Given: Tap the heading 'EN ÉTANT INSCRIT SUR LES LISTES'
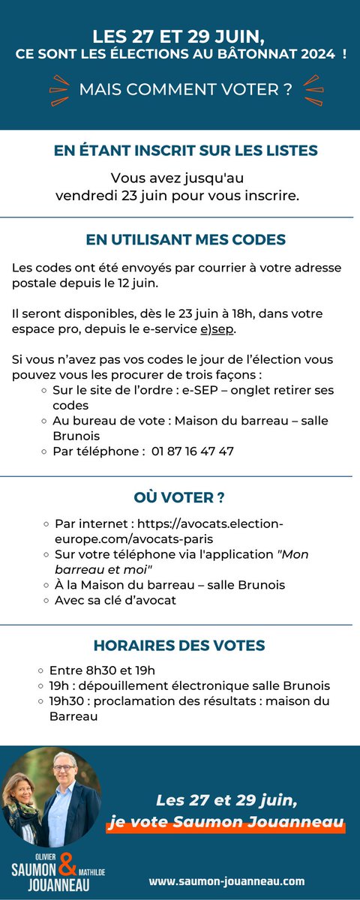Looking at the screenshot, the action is pos(186,151).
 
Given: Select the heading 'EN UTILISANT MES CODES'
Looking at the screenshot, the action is pos(186,240).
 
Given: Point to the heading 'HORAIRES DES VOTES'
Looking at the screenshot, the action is pos(180,646).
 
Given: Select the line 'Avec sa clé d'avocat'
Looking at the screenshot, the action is pos(115,600).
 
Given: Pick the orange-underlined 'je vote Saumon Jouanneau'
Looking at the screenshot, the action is pos(226,823).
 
